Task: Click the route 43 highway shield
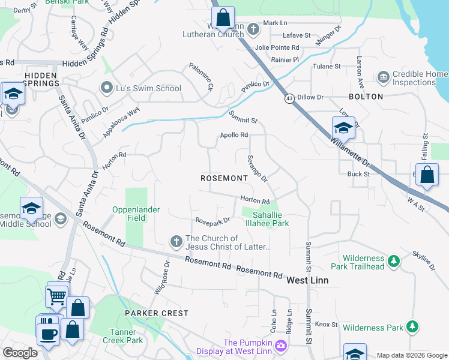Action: (289, 98)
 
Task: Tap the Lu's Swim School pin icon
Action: (107, 88)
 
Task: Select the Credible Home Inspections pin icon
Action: (383, 77)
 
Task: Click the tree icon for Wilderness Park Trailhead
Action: (393, 261)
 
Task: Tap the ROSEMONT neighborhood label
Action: (224, 179)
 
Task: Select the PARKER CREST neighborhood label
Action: (156, 313)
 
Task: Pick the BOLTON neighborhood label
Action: (366, 97)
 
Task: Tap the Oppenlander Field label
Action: (136, 214)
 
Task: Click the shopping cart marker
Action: (56, 296)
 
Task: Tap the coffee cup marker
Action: (47, 333)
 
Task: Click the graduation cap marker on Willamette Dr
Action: (343, 128)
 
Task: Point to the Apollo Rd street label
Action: (234, 135)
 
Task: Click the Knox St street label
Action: (327, 324)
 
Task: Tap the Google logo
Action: (20, 353)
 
